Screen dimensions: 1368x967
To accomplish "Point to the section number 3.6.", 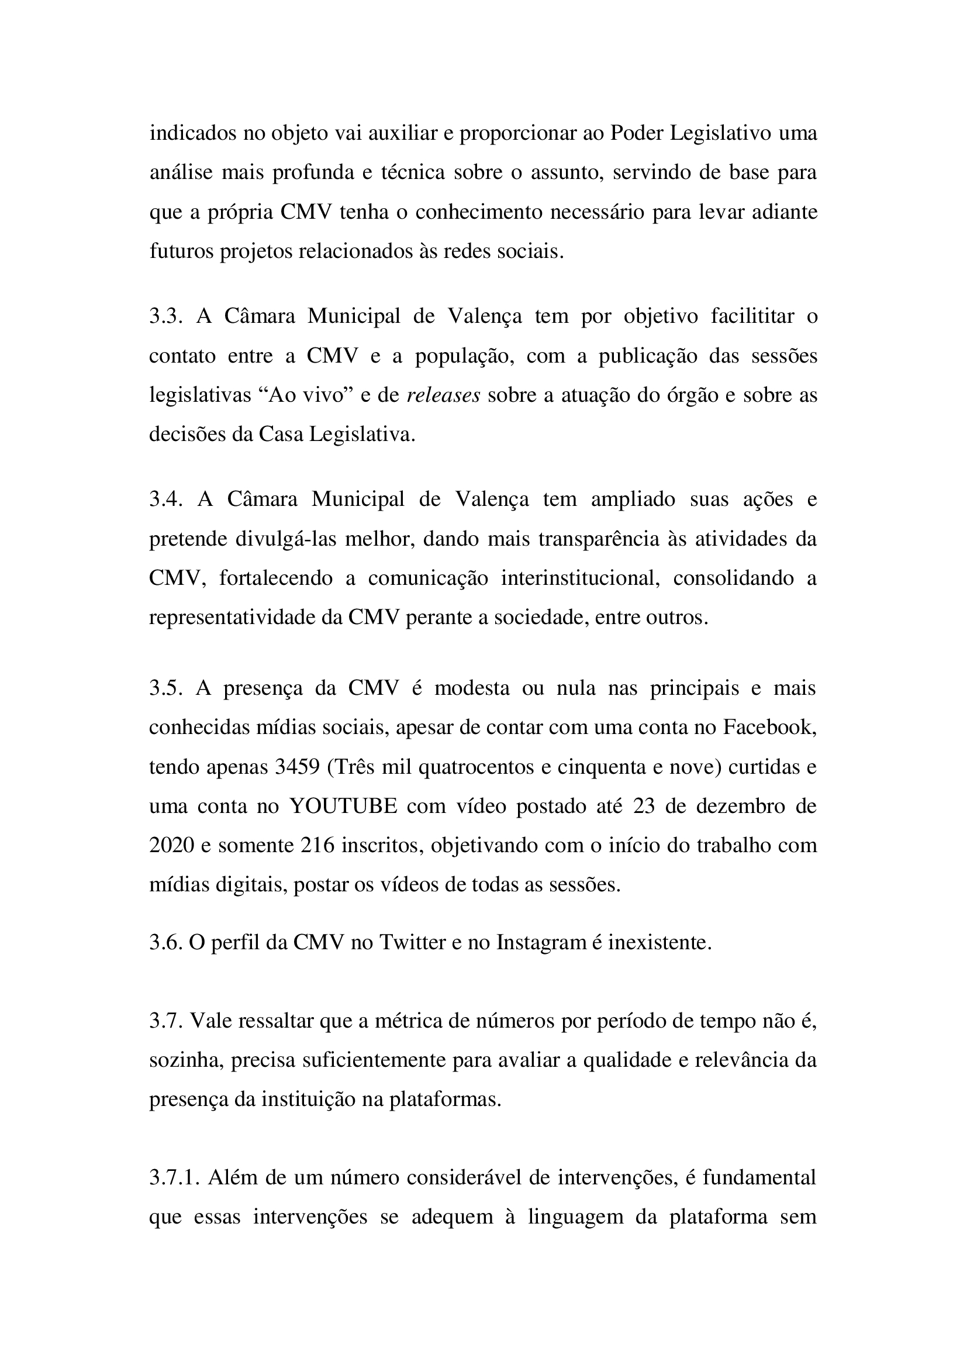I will point(165,943).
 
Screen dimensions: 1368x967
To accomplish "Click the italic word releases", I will point(444,395).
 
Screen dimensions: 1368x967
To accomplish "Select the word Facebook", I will point(769,728).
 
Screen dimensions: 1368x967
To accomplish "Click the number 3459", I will point(297,767).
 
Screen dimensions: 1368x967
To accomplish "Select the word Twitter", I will point(412,943).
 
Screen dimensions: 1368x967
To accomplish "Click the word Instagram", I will point(541,943).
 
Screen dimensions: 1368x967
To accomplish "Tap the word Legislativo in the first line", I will point(721,133).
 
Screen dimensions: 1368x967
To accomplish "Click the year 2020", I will point(171,846).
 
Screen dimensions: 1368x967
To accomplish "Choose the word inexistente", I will point(659,943).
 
